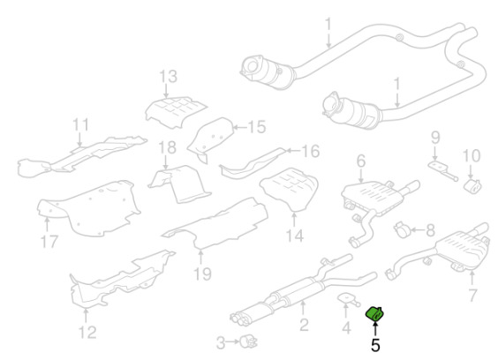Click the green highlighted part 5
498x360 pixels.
coord(374,313)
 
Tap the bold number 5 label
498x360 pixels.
coord(375,345)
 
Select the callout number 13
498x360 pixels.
coord(168,77)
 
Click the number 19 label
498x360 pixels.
coord(202,274)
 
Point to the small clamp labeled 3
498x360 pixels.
coord(248,341)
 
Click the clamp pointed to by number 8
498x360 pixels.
coord(402,229)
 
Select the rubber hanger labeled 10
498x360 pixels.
coord(473,186)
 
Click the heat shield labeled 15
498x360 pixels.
coord(212,139)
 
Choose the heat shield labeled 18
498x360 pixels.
coord(179,184)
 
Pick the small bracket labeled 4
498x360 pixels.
coord(348,299)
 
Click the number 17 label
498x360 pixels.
coord(49,242)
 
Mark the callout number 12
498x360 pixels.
coord(87,332)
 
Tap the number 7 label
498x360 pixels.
coord(473,296)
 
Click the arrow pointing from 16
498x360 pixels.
coord(293,151)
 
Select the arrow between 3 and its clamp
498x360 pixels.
coord(233,341)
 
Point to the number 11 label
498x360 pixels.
coord(80,124)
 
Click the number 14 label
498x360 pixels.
coord(294,236)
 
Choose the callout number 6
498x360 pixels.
coord(361,161)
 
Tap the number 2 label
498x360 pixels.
coord(304,325)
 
